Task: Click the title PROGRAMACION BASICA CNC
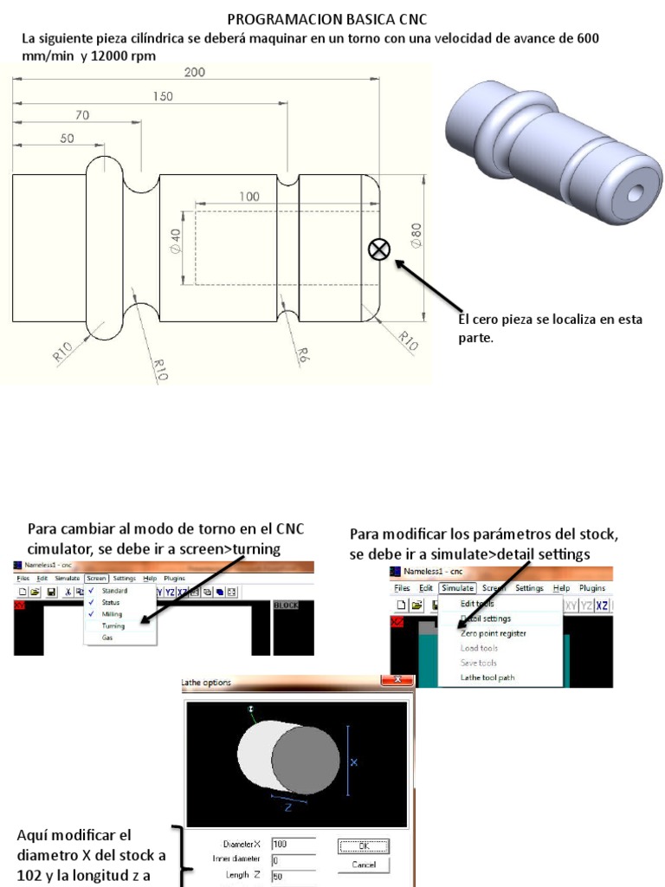(x=326, y=19)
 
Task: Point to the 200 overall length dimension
(x=195, y=73)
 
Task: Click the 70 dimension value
(x=82, y=114)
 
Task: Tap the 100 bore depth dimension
(x=249, y=197)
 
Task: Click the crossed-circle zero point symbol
(x=379, y=249)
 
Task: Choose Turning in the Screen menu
(x=113, y=625)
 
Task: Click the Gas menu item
(x=107, y=638)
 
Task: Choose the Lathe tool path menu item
(x=487, y=677)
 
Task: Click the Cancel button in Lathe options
(x=363, y=865)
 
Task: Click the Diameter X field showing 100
(x=293, y=844)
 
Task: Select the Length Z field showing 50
(x=293, y=876)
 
